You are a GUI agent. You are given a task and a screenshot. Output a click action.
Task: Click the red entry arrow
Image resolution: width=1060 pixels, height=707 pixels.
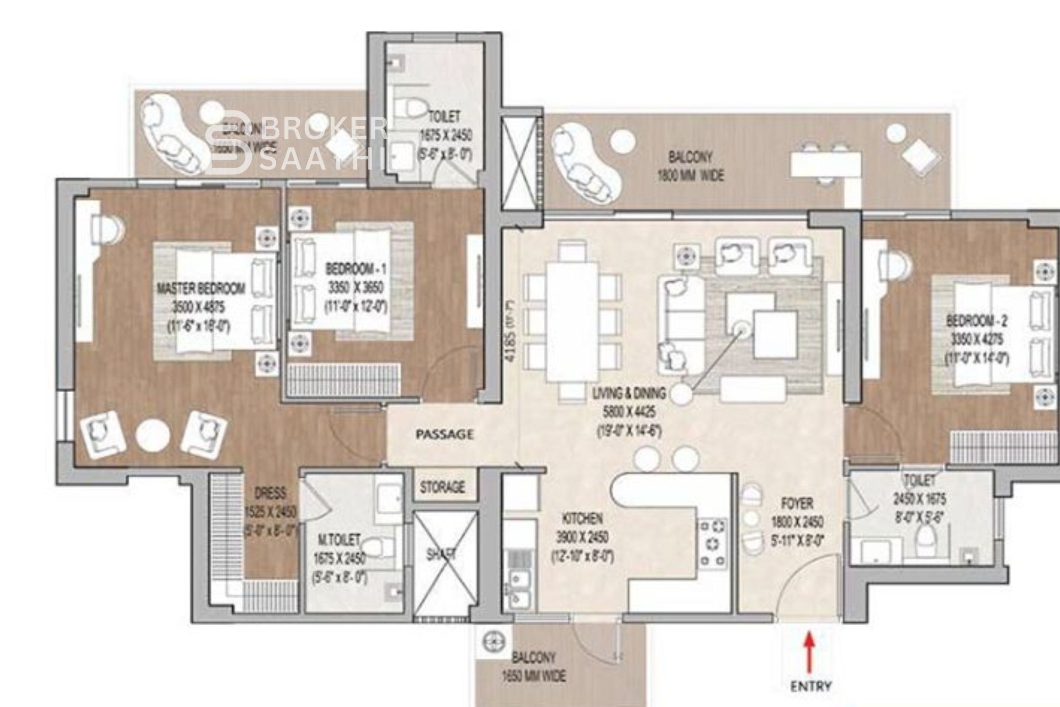point(809,654)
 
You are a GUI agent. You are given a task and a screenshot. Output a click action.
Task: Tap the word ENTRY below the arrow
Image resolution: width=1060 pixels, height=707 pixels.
point(810,687)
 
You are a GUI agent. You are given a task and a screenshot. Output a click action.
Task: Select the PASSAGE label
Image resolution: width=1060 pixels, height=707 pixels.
point(444,434)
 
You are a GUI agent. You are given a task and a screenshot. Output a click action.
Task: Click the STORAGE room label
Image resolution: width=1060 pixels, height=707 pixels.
point(442,487)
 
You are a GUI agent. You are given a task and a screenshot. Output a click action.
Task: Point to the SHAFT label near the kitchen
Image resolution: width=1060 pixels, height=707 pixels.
point(441,554)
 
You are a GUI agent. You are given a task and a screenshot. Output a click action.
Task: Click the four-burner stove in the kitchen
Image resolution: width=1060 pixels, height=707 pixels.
point(713,543)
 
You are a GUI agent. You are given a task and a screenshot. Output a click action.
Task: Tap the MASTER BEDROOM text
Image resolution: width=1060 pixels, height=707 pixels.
point(201,288)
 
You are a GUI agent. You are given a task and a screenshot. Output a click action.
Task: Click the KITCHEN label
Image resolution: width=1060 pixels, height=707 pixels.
point(582,519)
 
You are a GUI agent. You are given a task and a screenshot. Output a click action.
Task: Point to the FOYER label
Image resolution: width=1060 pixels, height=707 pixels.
point(797,503)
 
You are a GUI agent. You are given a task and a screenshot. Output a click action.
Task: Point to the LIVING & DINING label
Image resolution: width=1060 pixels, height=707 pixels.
point(629,394)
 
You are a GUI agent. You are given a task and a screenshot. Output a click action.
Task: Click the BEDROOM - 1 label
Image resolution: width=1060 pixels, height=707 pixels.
point(356,270)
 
